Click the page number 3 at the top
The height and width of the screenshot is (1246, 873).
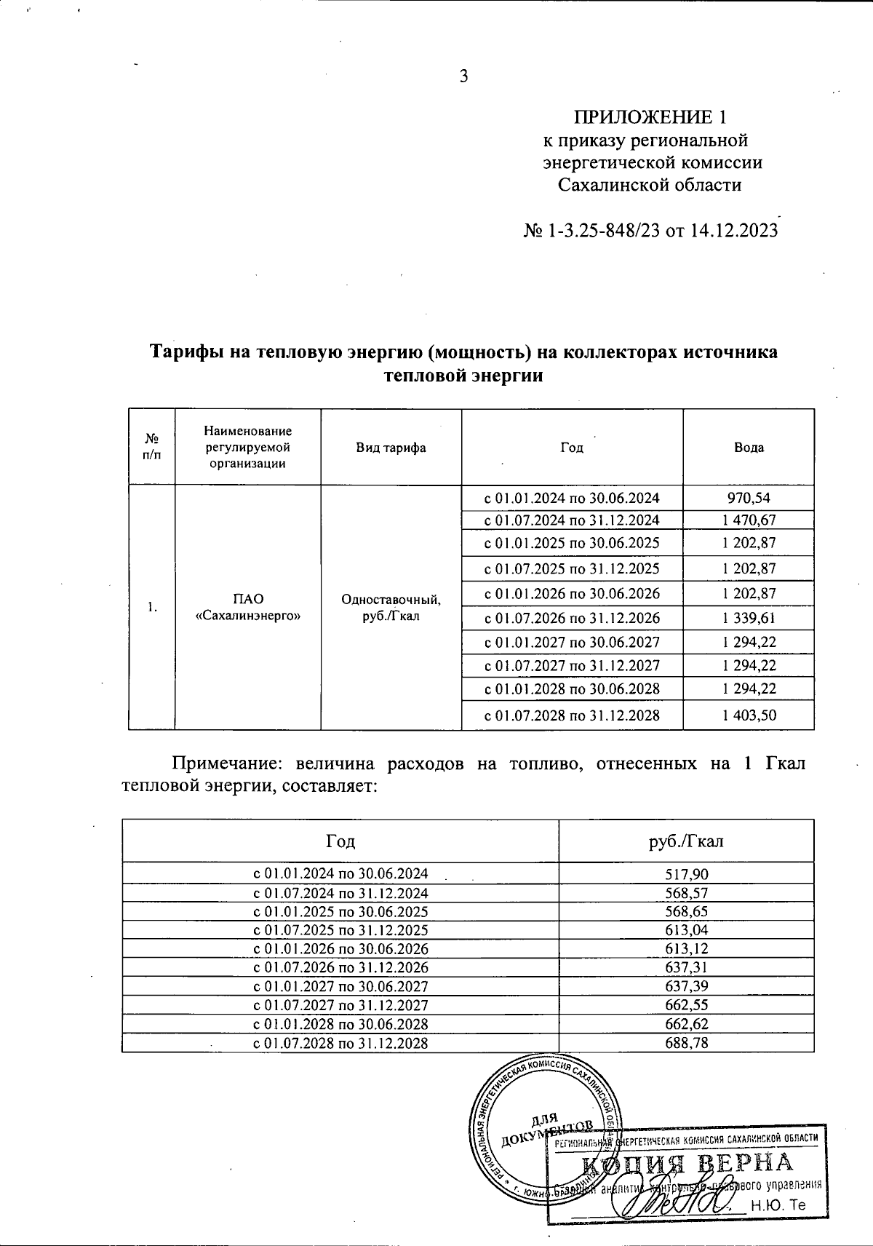tap(463, 76)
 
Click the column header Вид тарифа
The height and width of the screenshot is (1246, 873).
tap(391, 448)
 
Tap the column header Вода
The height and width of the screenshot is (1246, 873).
tap(749, 448)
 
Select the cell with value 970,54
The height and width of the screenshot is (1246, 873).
tap(749, 499)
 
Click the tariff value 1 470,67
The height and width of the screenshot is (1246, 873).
tap(749, 520)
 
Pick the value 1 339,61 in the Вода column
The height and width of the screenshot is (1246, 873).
tap(749, 618)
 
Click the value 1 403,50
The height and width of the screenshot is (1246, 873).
tap(749, 715)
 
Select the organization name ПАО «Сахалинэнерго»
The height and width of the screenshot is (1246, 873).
tap(248, 607)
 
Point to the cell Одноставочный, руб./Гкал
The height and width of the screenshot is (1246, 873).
tap(391, 607)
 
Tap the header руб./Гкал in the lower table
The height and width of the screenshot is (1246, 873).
tap(686, 841)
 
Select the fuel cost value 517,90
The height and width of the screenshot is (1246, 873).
tap(686, 874)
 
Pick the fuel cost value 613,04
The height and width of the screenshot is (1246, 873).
tap(686, 930)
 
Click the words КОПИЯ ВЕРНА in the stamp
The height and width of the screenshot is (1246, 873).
tap(686, 1162)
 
